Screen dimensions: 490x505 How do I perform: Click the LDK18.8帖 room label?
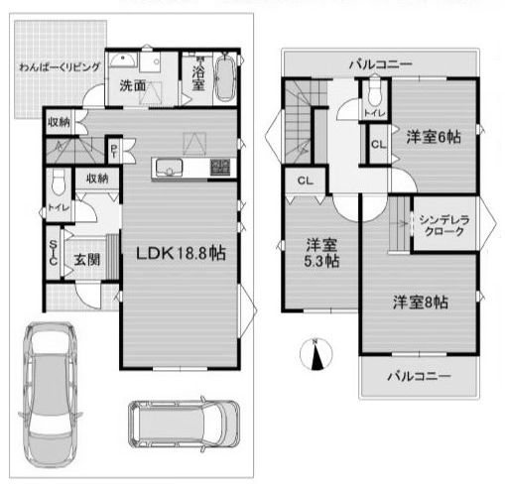point(181,253)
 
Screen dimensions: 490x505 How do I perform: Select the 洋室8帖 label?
point(419,301)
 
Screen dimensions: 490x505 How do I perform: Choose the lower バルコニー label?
point(419,377)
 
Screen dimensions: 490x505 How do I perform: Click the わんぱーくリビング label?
point(59,67)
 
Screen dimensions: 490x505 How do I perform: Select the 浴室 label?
point(198,79)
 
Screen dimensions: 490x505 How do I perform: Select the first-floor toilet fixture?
point(58,183)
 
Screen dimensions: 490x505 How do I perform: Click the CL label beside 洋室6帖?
point(378,144)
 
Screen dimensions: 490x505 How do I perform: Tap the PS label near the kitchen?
point(115,151)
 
